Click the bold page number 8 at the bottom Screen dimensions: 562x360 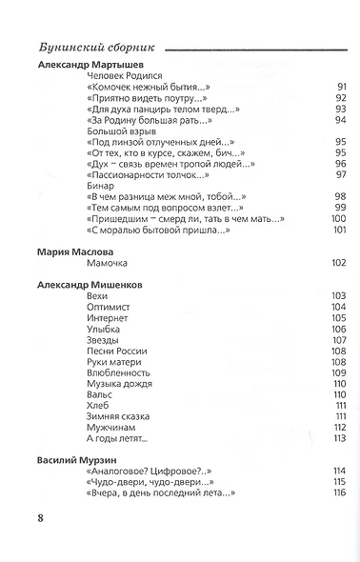(40, 517)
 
